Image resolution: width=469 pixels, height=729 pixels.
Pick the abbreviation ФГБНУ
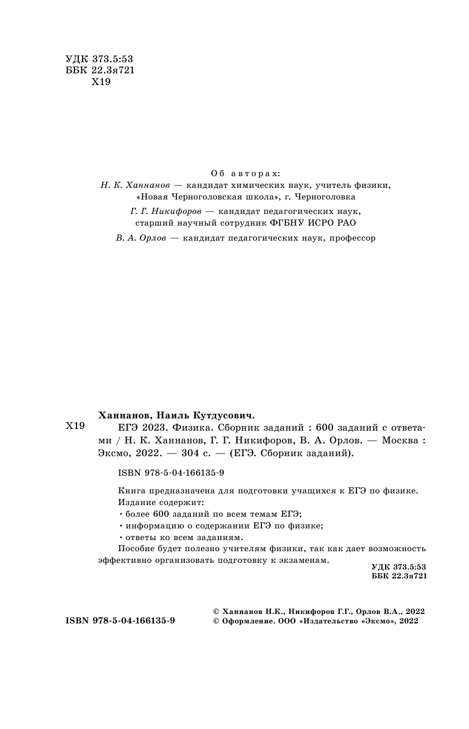click(x=290, y=223)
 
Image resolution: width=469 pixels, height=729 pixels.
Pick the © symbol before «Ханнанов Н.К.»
click(x=216, y=610)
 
